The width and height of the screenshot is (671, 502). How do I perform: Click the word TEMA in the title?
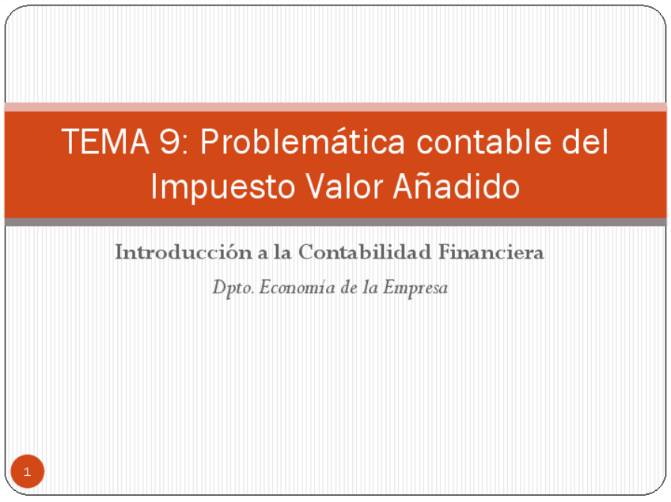[105, 142]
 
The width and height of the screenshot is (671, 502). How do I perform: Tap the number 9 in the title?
[170, 142]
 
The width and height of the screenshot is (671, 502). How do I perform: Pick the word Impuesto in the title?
[223, 187]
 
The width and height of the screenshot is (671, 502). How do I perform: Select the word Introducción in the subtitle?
[184, 252]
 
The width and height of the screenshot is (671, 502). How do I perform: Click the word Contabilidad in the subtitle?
[365, 252]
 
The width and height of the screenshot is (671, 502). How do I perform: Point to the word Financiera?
[491, 252]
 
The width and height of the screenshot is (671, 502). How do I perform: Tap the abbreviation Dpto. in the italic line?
[233, 288]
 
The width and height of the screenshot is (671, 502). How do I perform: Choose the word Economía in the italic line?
[297, 287]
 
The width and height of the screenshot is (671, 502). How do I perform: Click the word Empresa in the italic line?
[415, 288]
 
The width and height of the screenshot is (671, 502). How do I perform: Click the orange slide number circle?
[28, 471]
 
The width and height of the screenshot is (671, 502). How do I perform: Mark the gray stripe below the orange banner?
[335, 222]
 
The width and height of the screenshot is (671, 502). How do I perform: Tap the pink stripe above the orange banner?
[335, 107]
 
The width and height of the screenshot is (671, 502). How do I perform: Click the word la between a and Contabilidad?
[282, 252]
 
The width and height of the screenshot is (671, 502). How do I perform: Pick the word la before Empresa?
[370, 287]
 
